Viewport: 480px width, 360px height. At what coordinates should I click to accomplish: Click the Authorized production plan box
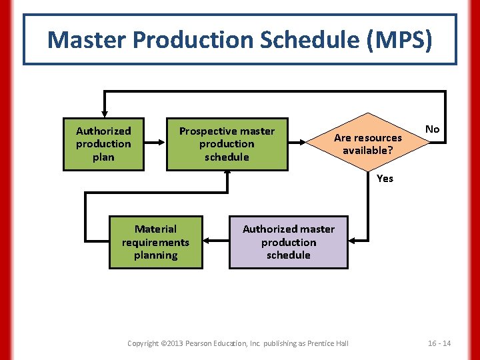pyautogui.click(x=103, y=144)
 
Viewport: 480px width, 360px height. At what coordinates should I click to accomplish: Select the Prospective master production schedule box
pyautogui.click(x=227, y=144)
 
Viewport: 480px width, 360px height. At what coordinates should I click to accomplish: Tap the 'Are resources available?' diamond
pyautogui.click(x=368, y=144)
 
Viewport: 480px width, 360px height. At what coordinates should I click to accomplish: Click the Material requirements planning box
pyautogui.click(x=155, y=242)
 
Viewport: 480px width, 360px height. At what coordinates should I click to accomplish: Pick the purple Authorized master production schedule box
pyautogui.click(x=289, y=242)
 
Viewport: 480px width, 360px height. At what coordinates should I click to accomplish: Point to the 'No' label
pyautogui.click(x=433, y=129)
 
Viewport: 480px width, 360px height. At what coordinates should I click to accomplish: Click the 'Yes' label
pyautogui.click(x=385, y=178)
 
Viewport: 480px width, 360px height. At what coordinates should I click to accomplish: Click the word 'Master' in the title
pyautogui.click(x=87, y=40)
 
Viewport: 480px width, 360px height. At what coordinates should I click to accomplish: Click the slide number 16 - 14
pyautogui.click(x=439, y=343)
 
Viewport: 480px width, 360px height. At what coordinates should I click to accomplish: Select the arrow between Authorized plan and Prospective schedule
pyautogui.click(x=155, y=142)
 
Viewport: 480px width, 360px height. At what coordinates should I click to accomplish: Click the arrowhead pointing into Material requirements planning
pyautogui.click(x=207, y=240)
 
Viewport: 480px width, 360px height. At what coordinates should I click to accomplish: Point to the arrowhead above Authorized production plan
pyautogui.click(x=103, y=113)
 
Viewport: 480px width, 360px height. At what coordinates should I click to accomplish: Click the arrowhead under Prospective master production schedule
pyautogui.click(x=227, y=173)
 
